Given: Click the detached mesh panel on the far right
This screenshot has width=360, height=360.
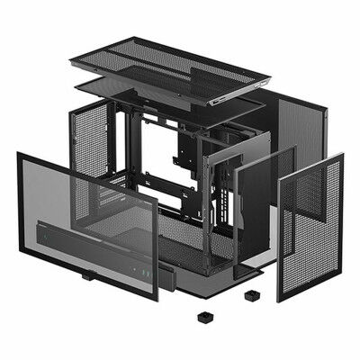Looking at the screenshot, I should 311,229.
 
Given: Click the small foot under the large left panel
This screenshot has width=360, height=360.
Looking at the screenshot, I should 87,275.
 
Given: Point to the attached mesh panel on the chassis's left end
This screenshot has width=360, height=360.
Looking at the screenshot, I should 90,139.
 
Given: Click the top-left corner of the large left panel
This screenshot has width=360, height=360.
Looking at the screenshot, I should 19,155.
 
